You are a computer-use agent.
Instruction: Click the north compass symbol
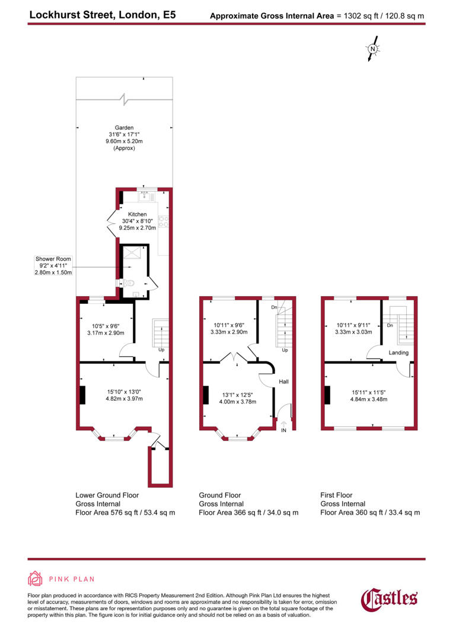click(373, 50)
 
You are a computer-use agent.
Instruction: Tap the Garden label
click(125, 128)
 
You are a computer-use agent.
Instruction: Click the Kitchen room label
click(138, 214)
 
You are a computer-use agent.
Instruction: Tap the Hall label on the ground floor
click(283, 382)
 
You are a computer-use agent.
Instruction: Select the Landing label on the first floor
click(398, 353)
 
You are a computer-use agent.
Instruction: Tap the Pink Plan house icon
click(36, 579)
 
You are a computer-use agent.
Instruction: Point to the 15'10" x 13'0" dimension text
click(124, 392)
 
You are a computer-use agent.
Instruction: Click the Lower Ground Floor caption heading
click(107, 495)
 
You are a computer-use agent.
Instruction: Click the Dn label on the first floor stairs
click(390, 326)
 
